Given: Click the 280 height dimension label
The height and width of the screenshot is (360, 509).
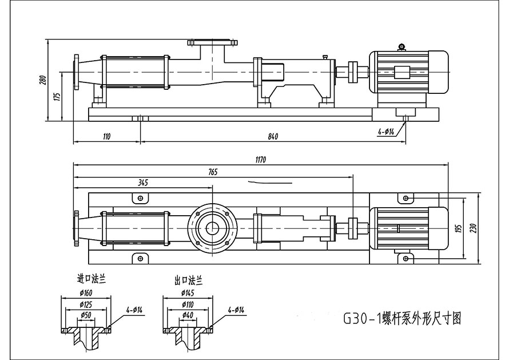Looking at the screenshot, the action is click(43, 80).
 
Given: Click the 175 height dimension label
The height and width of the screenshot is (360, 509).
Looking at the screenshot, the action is click(57, 97).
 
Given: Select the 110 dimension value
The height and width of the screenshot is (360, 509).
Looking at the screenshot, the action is click(107, 136).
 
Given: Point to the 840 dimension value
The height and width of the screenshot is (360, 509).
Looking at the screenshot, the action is click(273, 136).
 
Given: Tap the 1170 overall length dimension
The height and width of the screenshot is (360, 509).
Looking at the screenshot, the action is click(261, 160).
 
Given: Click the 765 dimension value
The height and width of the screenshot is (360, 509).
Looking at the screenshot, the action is click(213, 172).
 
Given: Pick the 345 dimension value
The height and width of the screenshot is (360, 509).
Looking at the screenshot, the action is click(143, 183).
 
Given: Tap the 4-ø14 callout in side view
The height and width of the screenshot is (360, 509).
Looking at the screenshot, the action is click(386, 132).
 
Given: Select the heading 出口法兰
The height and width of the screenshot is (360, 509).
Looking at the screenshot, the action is click(189, 280).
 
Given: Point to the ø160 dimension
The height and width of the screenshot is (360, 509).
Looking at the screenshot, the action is click(86, 292).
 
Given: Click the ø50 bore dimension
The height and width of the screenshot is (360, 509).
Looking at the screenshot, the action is click(86, 315).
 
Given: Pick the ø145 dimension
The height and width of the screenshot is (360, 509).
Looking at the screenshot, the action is click(188, 293).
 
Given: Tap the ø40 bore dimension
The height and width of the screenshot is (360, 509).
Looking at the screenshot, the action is click(188, 315).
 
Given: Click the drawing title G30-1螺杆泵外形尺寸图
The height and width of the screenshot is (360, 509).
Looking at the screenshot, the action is click(402, 318).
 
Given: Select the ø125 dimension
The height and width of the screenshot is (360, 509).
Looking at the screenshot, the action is click(86, 304).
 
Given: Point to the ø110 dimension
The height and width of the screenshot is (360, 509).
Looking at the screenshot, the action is click(188, 304).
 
